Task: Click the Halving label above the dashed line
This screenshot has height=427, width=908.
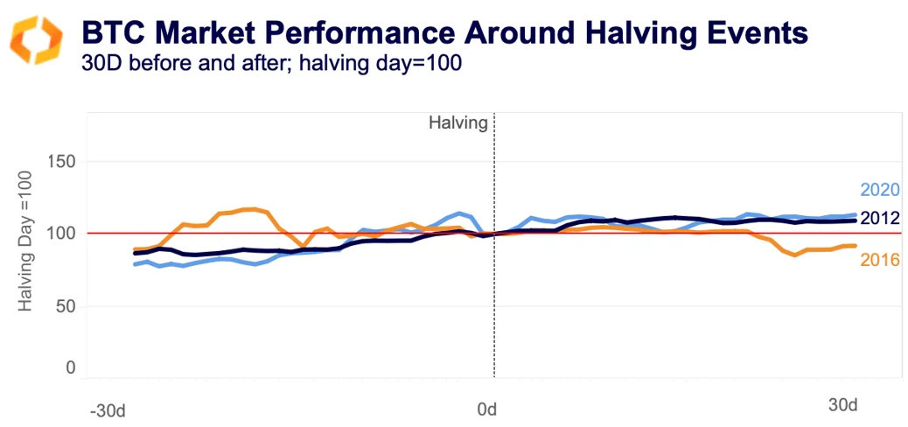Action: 457,123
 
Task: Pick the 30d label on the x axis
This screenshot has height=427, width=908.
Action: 842,406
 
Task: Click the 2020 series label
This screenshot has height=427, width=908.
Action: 880,191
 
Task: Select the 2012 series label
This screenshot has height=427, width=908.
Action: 880,218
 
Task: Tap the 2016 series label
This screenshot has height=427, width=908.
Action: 880,259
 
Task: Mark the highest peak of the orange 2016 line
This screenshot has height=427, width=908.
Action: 252,209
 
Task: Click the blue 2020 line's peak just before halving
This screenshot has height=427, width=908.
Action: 460,213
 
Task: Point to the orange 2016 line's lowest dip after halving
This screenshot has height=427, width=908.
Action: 795,255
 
